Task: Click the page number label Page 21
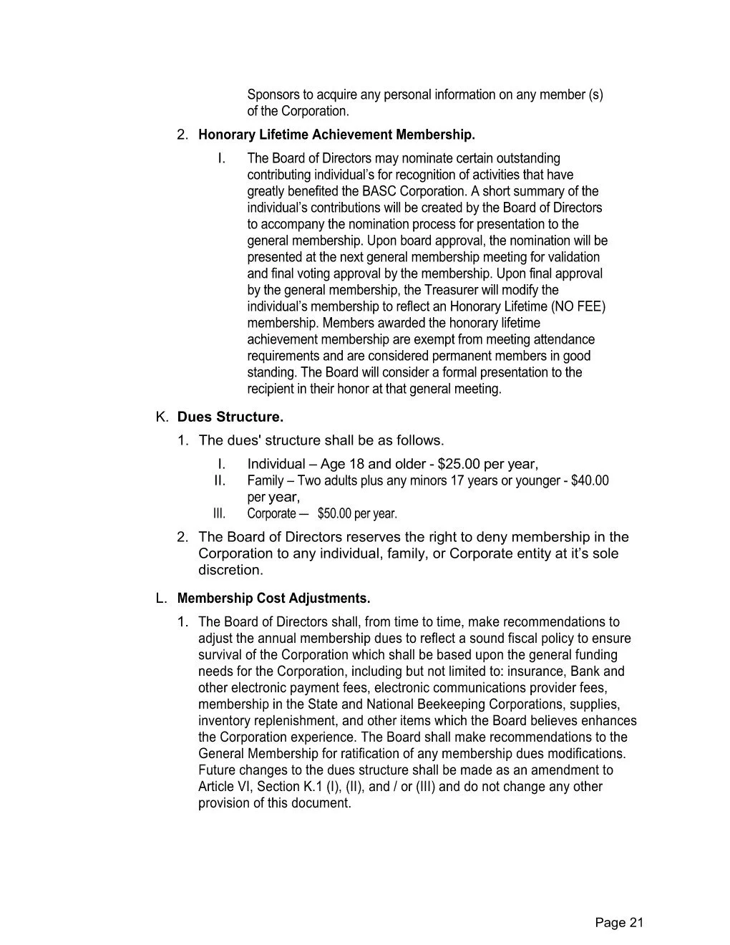point(619,923)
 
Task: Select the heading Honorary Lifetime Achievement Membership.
point(336,135)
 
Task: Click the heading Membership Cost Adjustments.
point(273,598)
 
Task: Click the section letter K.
point(162,417)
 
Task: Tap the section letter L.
point(161,598)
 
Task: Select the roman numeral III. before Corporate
point(219,514)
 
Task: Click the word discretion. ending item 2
point(230,570)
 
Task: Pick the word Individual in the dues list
point(276,464)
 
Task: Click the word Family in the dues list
point(265,480)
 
